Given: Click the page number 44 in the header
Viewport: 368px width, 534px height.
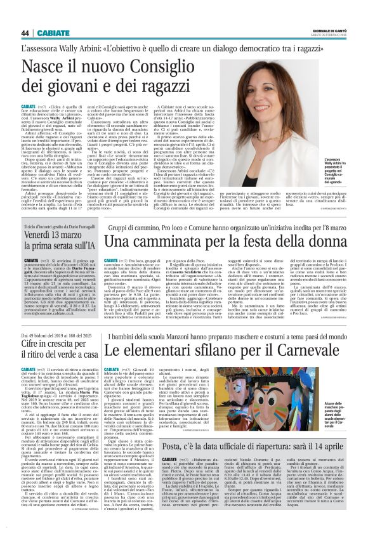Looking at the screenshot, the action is pyautogui.click(x=25, y=33).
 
